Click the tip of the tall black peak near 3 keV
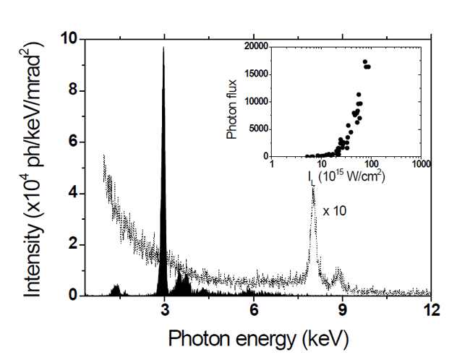[164, 48]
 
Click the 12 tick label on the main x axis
[432, 309]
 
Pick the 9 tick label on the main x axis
[343, 309]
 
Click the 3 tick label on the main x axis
[165, 309]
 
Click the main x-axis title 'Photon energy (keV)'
[253, 337]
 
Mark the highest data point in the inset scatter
[364, 61]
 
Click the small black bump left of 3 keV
[116, 289]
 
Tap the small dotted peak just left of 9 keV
[337, 275]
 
